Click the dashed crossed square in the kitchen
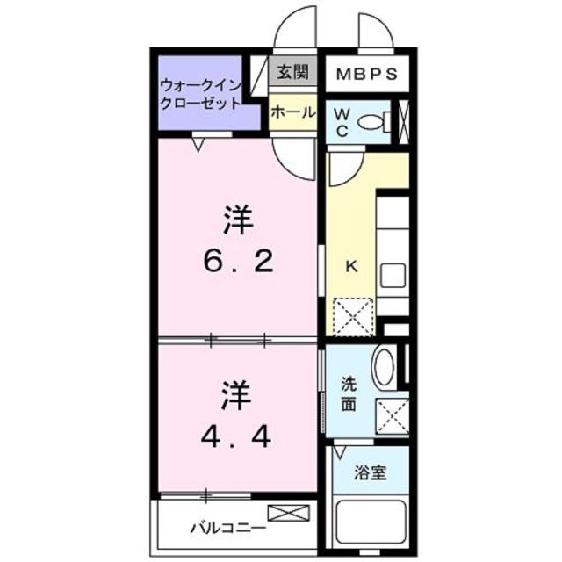354,315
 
